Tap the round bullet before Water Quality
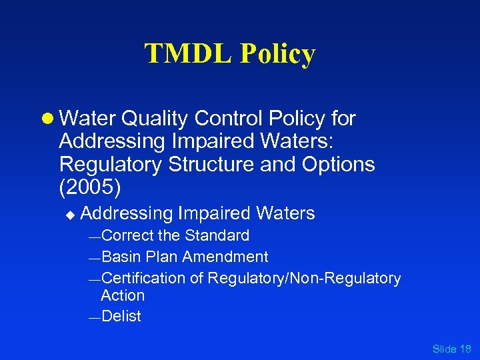48,119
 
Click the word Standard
217,235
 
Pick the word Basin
121,257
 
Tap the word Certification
145,278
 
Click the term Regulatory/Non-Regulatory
304,278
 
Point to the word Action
123,295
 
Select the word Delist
121,317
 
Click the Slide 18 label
451,349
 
